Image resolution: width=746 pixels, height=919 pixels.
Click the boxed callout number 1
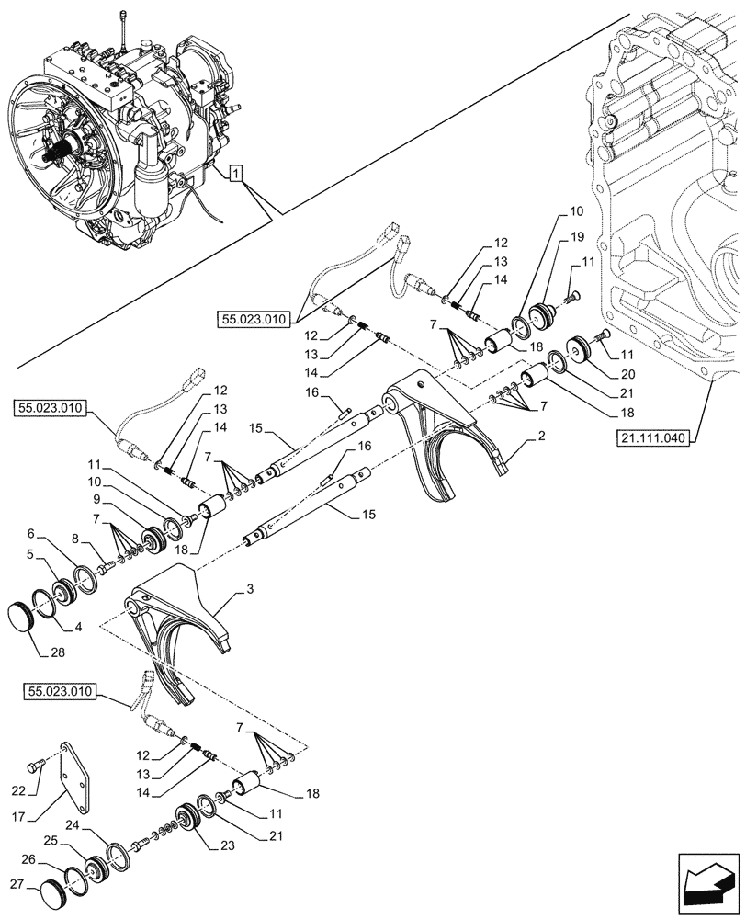(237, 172)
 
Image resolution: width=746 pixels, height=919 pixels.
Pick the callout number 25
(54, 842)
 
